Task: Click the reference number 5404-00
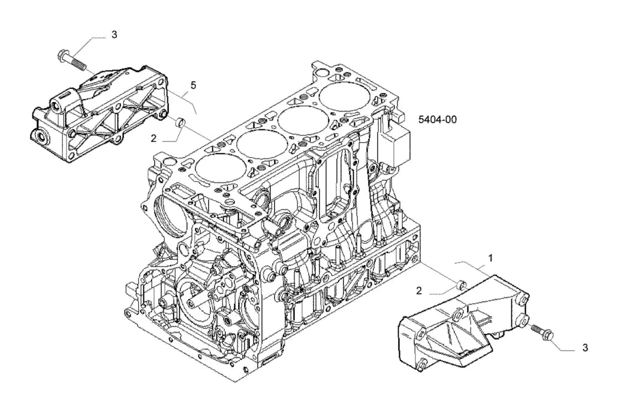437,119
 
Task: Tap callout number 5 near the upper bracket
193,85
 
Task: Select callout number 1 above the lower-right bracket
491,258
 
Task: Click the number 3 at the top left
114,34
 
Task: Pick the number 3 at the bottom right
585,348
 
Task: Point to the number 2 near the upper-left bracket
153,138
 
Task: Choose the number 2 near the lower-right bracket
419,291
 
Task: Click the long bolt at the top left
71,59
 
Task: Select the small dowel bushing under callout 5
180,122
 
